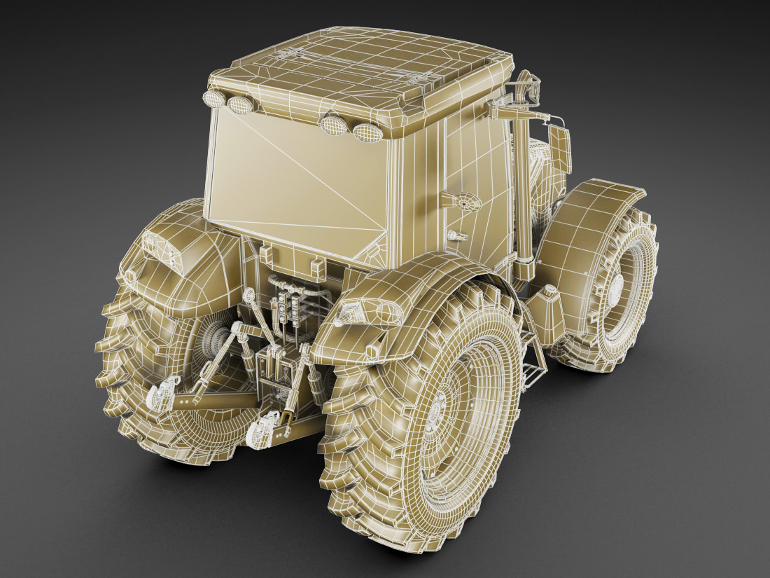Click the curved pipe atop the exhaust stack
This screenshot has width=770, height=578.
coord(525,88)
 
